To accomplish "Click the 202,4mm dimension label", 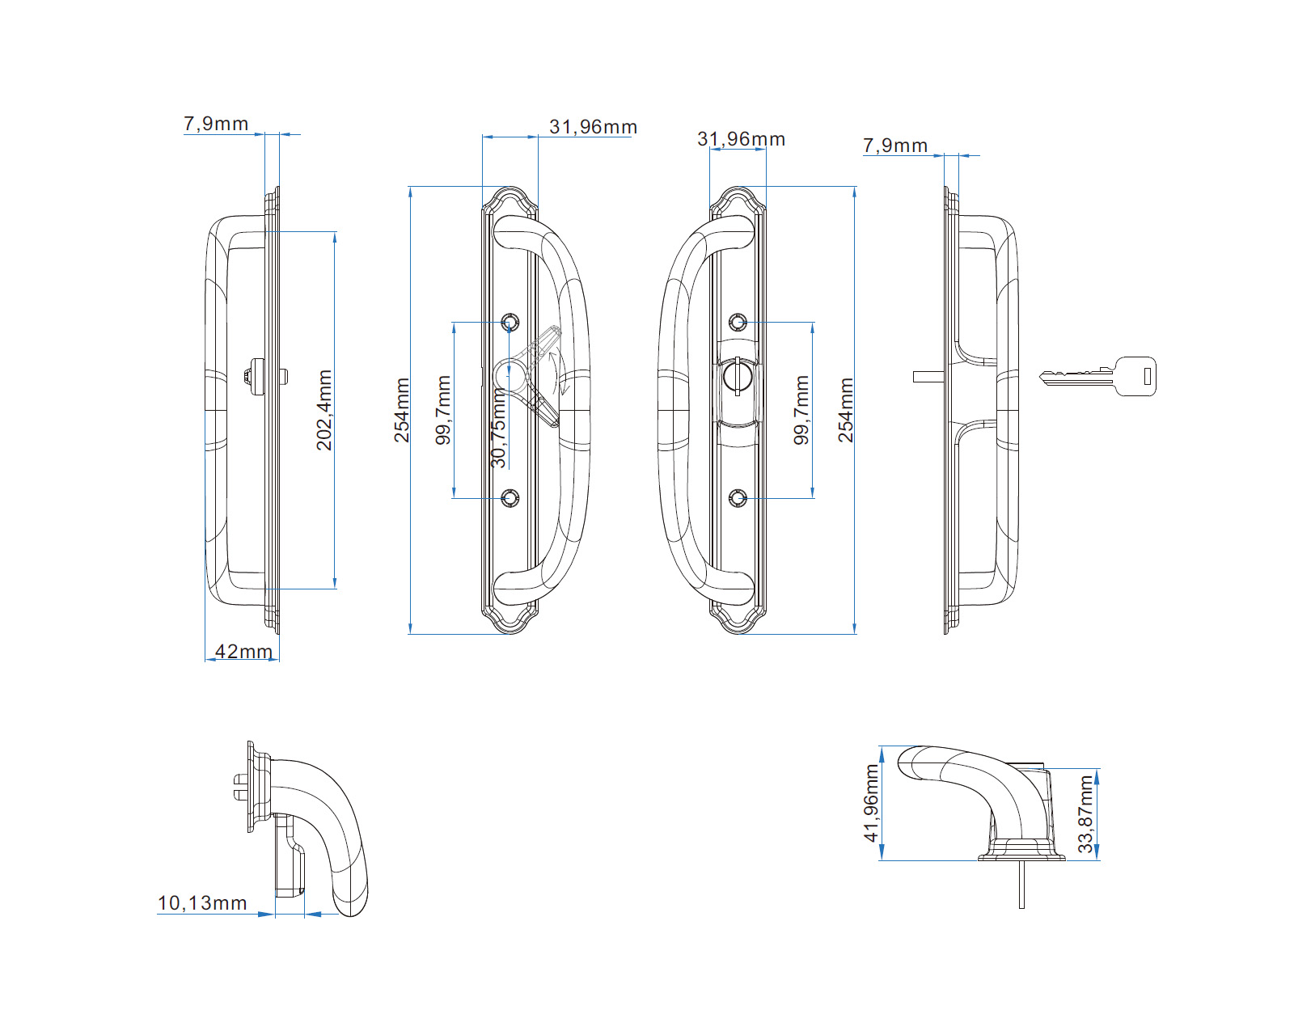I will pos(324,410).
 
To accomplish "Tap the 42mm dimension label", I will pos(243,652).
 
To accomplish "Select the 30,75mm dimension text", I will pos(499,429).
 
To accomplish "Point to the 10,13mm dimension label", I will pos(202,903).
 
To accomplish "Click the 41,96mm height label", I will pos(871,804).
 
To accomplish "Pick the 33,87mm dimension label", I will pos(1085,814).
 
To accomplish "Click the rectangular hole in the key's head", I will pos(1147,376).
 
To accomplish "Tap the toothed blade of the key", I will pos(1072,376).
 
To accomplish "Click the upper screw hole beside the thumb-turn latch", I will pos(510,322).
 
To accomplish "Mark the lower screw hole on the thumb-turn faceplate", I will pos(510,498).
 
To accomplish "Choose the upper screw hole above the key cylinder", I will pos(737,323).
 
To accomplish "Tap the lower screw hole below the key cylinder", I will pos(737,498).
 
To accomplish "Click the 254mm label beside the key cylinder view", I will pos(846,410).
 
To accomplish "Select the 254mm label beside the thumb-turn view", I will pos(402,410).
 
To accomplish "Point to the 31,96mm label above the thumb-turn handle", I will pos(593,127).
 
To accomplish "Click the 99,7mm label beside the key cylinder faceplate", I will pos(801,410).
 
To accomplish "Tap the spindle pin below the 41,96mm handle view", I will pos(1021,885).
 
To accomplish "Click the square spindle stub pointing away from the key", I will pos(928,376).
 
